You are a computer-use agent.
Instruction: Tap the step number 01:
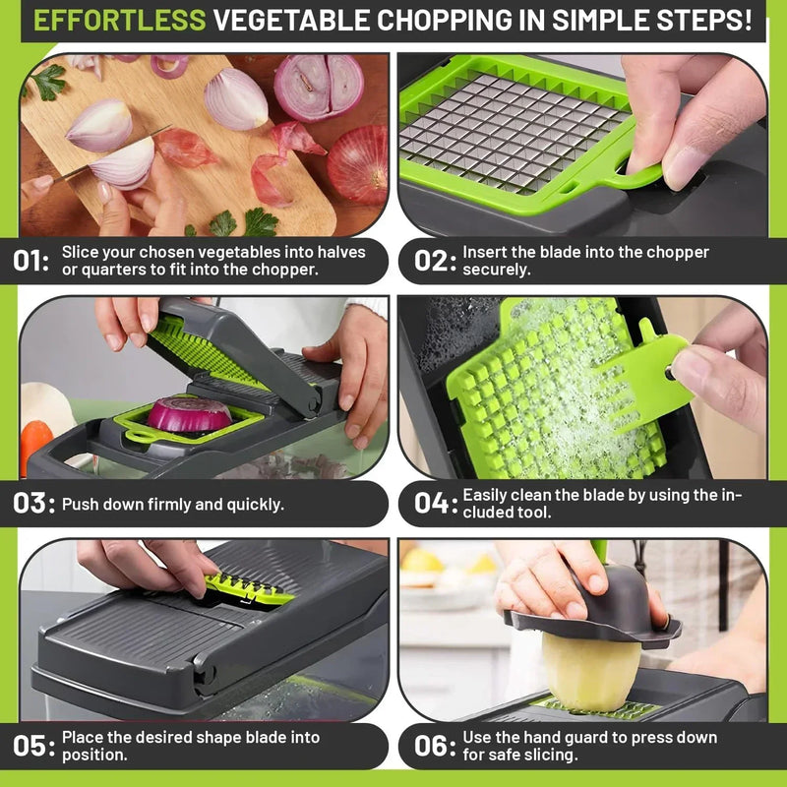click(32, 262)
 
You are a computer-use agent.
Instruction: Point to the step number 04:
click(435, 504)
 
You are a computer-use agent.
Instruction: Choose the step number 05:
click(33, 746)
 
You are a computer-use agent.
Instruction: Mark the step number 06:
click(435, 746)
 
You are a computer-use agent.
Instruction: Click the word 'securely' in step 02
click(497, 270)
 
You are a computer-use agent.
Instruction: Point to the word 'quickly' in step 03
click(254, 505)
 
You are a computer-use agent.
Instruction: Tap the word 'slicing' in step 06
click(550, 755)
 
